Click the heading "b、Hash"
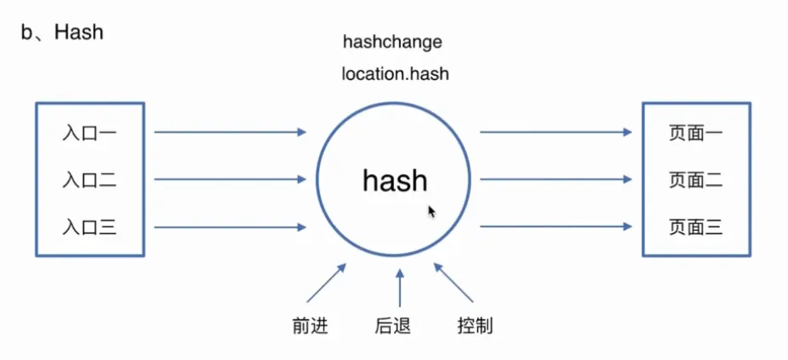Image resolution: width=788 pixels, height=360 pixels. [62, 32]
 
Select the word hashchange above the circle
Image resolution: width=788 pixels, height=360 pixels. [392, 41]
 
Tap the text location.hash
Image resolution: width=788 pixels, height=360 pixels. [395, 74]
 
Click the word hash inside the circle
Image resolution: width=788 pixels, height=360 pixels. [395, 181]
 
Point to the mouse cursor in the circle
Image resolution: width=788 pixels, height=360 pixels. [432, 211]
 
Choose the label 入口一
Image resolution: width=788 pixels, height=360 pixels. [89, 133]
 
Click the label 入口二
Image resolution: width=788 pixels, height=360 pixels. [89, 180]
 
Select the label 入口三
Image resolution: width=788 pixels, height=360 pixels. [89, 227]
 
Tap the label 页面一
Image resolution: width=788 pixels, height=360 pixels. [695, 133]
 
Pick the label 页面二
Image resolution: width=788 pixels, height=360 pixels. [695, 180]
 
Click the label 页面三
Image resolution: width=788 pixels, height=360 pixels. [695, 227]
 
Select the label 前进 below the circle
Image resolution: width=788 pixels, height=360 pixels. [308, 325]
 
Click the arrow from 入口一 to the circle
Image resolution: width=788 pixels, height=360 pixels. [229, 132]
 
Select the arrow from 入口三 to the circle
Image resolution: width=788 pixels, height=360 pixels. [229, 227]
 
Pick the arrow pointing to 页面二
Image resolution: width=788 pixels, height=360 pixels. [556, 179]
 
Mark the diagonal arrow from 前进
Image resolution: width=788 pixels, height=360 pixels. [327, 283]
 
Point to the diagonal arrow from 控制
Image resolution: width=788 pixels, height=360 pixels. [453, 283]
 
